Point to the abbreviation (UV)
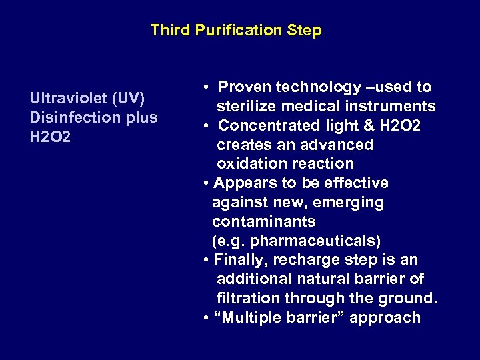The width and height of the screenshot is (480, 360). coord(129,99)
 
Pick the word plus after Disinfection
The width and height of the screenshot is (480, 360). coord(141,117)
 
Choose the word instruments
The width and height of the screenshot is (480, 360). coord(394,107)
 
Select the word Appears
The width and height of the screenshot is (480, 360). coord(243,183)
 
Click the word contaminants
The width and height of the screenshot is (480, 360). coord(264,221)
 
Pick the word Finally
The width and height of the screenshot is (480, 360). coord(240,260)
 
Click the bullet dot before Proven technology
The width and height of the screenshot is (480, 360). coord(208,87)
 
